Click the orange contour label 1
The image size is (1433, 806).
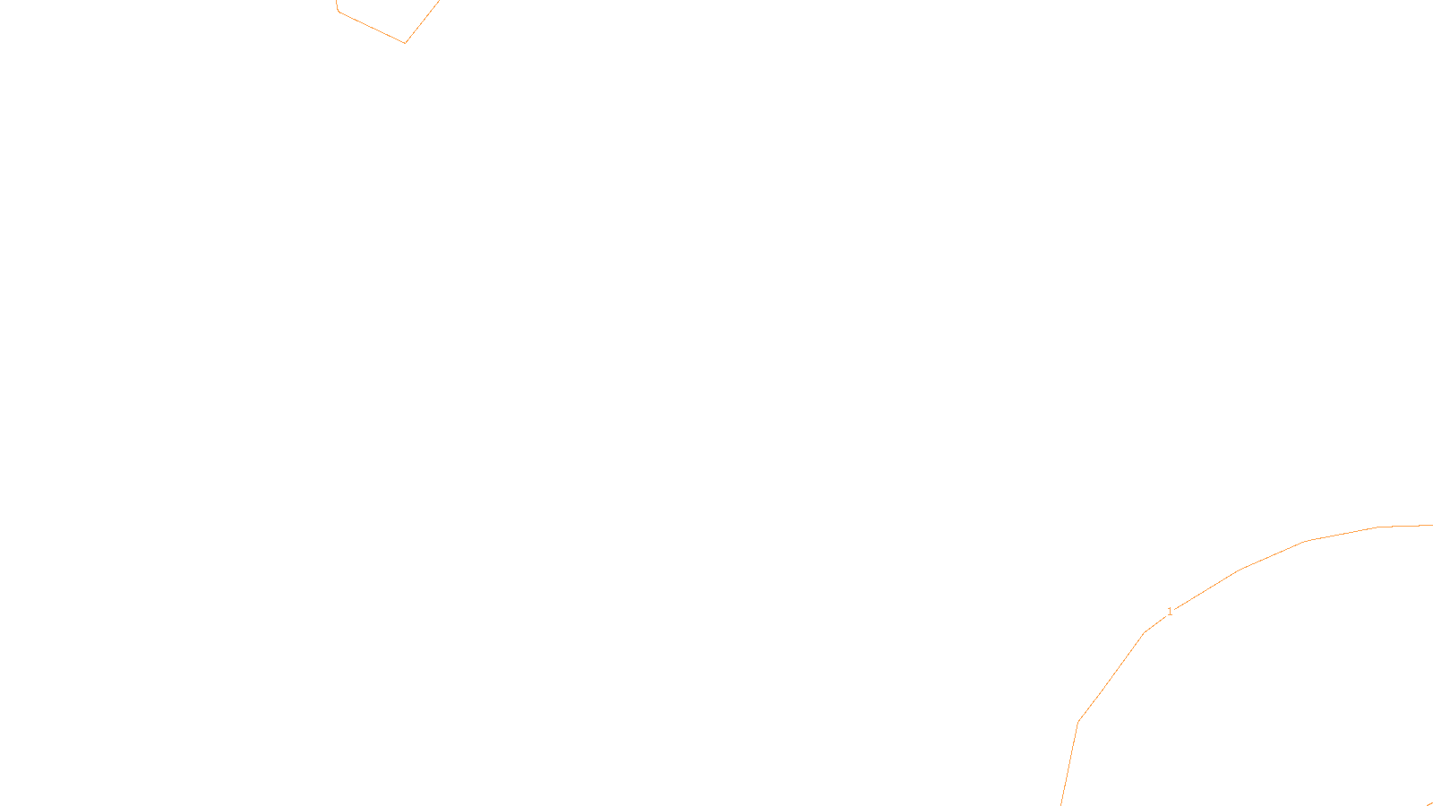(1170, 612)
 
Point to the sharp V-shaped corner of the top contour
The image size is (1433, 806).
(405, 42)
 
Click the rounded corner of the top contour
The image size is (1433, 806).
(339, 12)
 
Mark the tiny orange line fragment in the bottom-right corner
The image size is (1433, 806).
(1429, 803)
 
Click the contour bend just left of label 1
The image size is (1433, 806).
(1144, 633)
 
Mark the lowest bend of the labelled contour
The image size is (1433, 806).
(1078, 721)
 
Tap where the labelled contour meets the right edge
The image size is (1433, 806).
(1431, 525)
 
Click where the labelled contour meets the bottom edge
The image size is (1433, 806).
(1061, 803)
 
